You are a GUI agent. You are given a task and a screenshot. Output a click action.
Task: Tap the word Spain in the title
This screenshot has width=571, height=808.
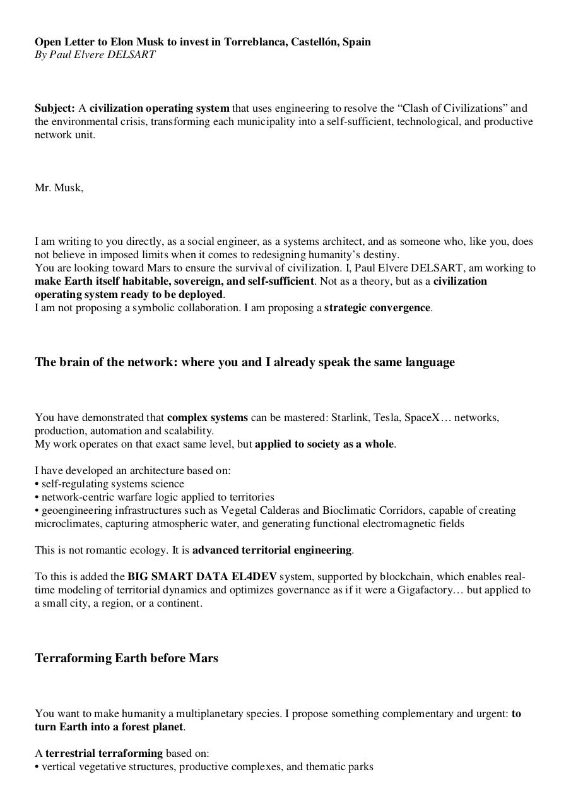(356, 42)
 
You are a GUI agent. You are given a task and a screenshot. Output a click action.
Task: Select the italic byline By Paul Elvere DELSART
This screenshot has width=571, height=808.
(95, 54)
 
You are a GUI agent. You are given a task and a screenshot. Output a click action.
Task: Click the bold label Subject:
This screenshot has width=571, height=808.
(55, 108)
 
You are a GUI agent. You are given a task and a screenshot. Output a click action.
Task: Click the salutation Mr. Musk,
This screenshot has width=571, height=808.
(59, 187)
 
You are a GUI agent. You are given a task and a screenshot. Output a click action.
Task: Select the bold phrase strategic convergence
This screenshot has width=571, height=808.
(377, 307)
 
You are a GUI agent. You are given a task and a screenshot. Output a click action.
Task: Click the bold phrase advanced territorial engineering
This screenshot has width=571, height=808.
(272, 550)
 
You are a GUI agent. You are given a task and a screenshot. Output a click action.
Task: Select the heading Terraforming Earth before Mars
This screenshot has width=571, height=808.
(126, 658)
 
